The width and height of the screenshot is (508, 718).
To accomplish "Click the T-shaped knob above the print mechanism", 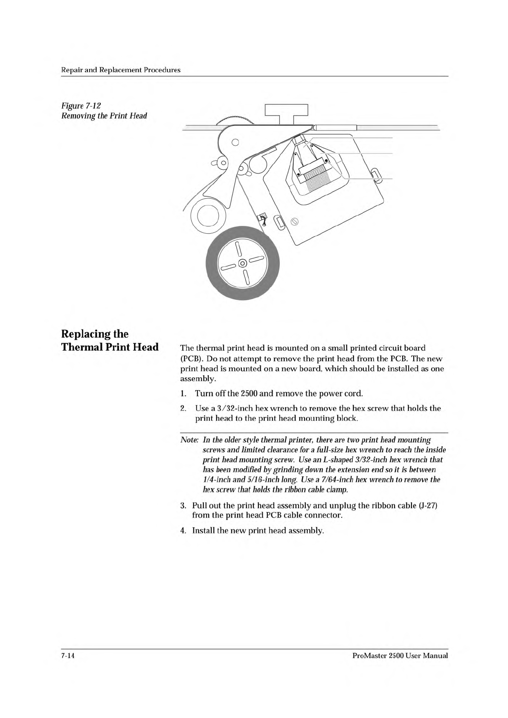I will click(x=286, y=112).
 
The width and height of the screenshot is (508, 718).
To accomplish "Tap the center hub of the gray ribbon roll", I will click(x=242, y=263).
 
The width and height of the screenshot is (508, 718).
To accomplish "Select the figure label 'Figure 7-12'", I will click(x=81, y=105).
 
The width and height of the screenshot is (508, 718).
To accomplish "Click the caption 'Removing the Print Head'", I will click(x=104, y=116).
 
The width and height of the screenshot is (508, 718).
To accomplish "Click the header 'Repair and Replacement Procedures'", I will click(x=121, y=70).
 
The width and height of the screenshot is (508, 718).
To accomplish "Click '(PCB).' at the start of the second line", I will click(x=191, y=358).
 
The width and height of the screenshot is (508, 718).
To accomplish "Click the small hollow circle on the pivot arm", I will click(x=234, y=142).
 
